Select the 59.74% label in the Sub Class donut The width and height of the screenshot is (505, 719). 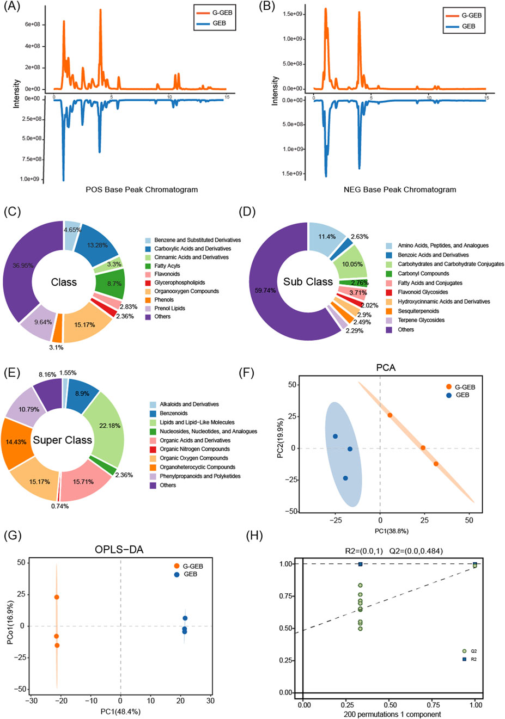(x=265, y=291)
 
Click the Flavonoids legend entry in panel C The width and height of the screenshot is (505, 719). (x=167, y=274)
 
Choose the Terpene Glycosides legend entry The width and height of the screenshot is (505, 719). (x=421, y=320)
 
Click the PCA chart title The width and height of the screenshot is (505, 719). (x=386, y=367)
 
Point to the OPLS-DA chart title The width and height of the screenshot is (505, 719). (x=119, y=550)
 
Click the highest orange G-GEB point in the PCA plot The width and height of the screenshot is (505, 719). (x=390, y=415)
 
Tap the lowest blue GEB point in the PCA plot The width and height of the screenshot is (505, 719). (x=345, y=478)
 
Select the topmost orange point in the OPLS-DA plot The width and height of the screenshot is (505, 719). (x=57, y=597)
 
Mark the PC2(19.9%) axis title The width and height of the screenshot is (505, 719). (x=280, y=438)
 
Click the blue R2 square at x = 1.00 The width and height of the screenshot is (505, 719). (x=475, y=564)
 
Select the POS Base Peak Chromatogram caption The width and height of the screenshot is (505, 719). (x=142, y=189)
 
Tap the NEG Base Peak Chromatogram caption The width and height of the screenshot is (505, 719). (x=400, y=189)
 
